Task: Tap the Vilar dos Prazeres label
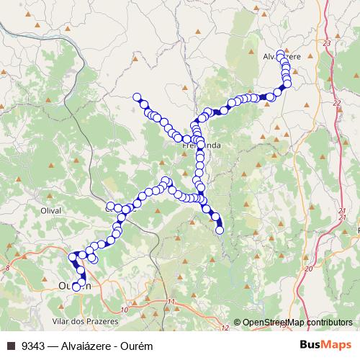pos(79,319)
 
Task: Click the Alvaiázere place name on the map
pos(281,55)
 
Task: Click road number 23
pos(328,45)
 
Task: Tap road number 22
pos(336,104)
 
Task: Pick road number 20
pos(308,268)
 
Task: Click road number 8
pos(7,267)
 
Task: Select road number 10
pos(124,310)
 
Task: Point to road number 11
pos(171,301)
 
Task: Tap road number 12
pos(225,328)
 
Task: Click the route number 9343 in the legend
pos(32,346)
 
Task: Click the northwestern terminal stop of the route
pos(136,97)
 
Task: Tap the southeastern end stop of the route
pos(220,230)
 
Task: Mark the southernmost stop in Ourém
pos(76,288)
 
